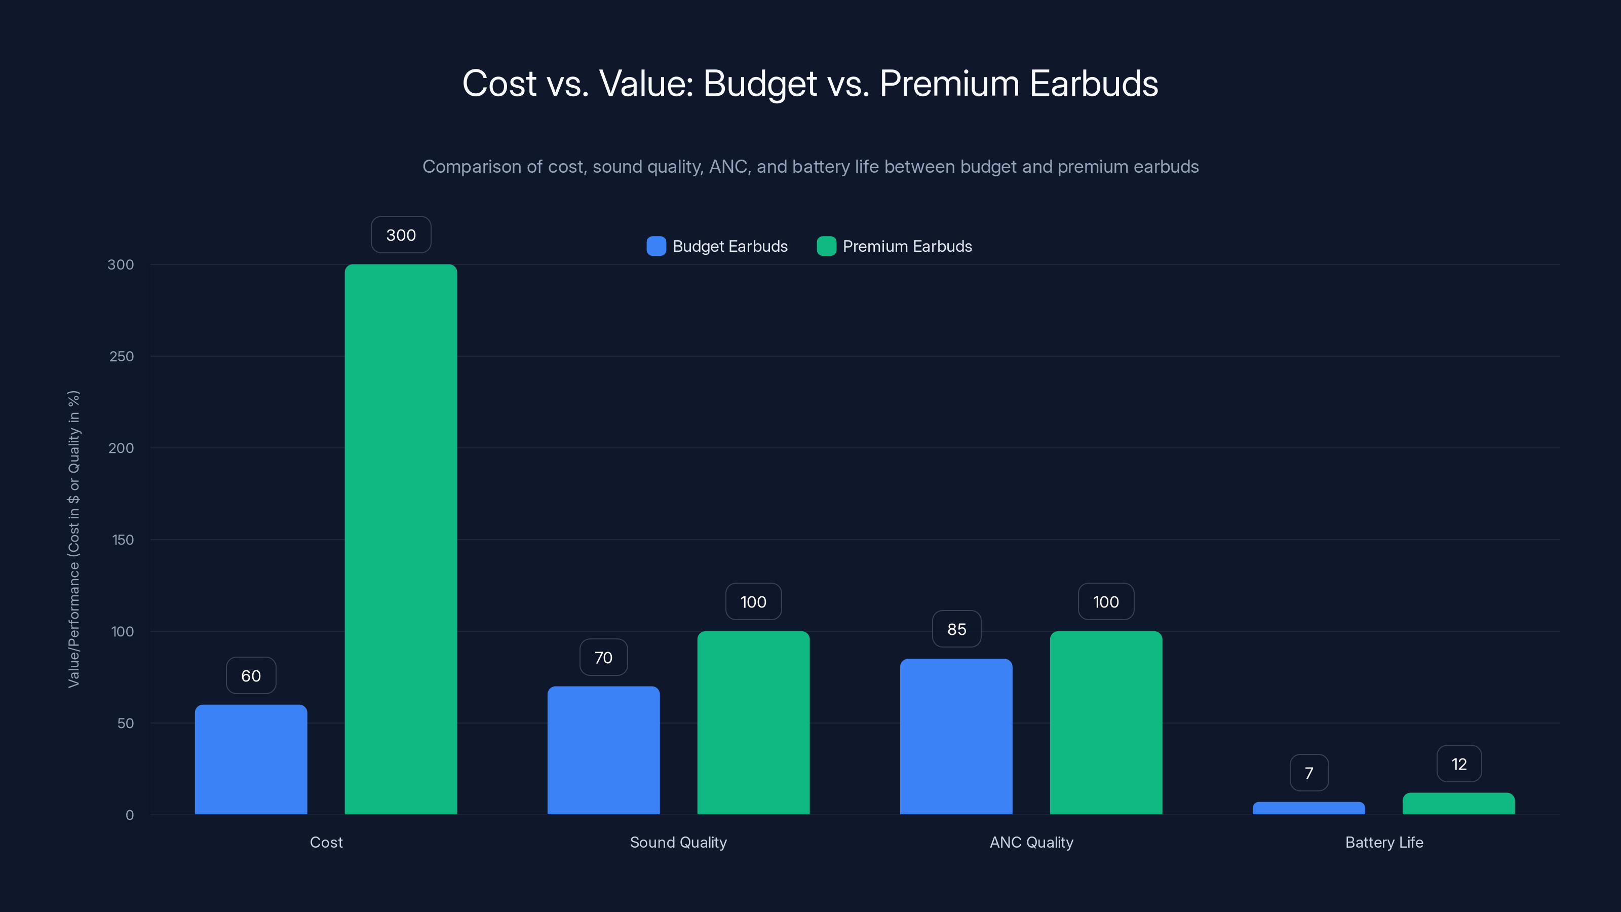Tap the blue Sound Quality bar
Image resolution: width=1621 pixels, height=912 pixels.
603,750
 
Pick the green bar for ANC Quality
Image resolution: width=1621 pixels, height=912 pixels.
1106,723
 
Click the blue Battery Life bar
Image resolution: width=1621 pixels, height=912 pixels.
1308,808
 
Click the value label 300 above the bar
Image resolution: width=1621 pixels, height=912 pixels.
401,235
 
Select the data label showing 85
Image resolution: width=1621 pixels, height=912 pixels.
956,629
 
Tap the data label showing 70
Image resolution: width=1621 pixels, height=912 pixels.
603,657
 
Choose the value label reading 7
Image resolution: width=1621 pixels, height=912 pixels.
1309,773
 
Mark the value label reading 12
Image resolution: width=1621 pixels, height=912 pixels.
1459,764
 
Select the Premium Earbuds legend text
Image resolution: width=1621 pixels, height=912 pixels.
907,246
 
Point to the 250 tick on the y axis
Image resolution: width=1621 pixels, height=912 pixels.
121,356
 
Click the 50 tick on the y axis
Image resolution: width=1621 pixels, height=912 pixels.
125,723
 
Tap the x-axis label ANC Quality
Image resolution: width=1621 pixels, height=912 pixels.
1031,842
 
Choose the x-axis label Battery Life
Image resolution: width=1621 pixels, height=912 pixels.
1384,842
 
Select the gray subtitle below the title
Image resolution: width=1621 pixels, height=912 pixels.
810,167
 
